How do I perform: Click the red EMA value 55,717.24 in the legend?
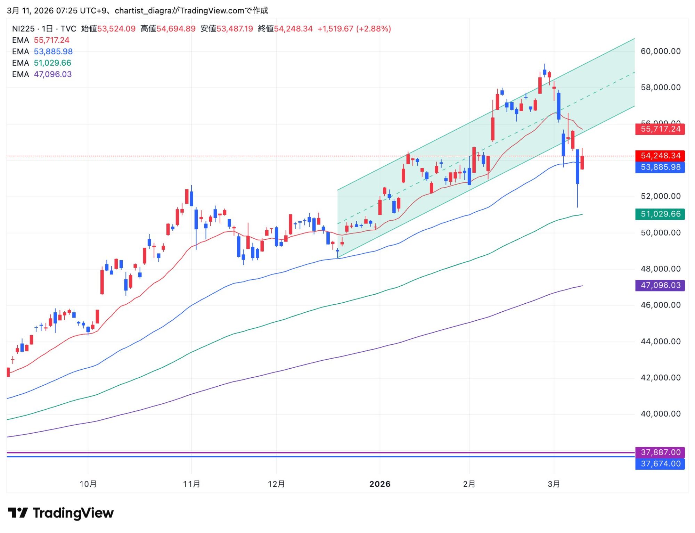click(x=51, y=40)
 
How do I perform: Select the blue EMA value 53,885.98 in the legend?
click(x=53, y=52)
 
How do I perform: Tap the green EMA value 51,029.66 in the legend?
click(x=52, y=63)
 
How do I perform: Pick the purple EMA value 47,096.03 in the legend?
click(x=53, y=74)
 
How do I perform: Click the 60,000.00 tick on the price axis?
click(x=660, y=51)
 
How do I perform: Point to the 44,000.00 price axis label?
click(x=660, y=342)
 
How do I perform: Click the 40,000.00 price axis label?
click(x=660, y=414)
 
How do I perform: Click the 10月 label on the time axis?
click(x=88, y=484)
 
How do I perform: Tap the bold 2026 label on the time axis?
click(x=380, y=484)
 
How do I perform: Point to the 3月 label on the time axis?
click(x=554, y=484)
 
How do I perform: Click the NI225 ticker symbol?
click(x=23, y=29)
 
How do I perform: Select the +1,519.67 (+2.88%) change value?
click(x=354, y=29)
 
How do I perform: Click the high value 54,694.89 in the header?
click(x=176, y=29)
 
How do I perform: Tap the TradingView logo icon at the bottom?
click(x=18, y=513)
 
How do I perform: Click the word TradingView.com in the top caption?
click(x=212, y=11)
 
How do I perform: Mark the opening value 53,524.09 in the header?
click(x=116, y=29)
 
